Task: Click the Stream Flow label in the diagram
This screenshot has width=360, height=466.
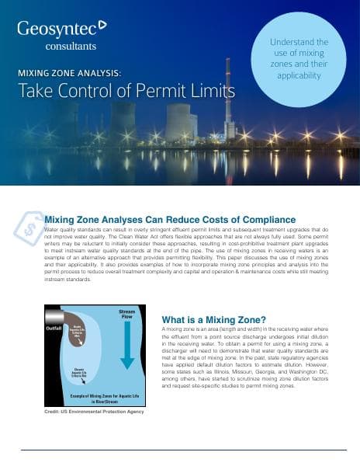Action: [126, 315]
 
